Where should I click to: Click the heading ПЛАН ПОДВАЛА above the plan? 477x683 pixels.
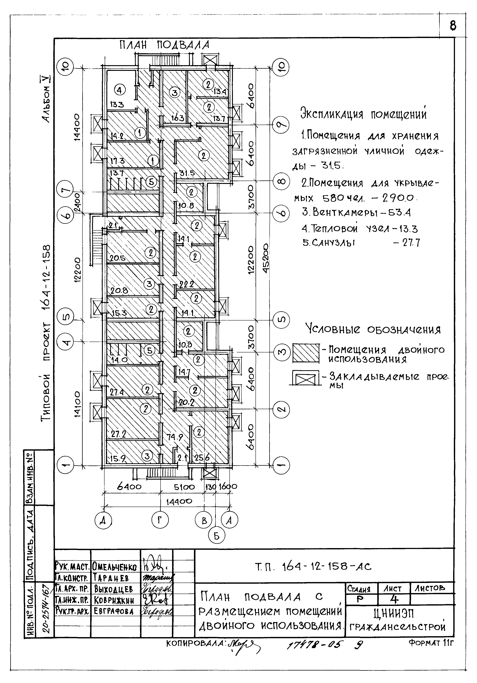pos(164,45)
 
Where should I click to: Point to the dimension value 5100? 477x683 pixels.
pos(184,487)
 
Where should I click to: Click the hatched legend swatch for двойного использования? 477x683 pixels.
pos(306,353)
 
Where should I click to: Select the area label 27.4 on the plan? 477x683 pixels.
pos(117,392)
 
